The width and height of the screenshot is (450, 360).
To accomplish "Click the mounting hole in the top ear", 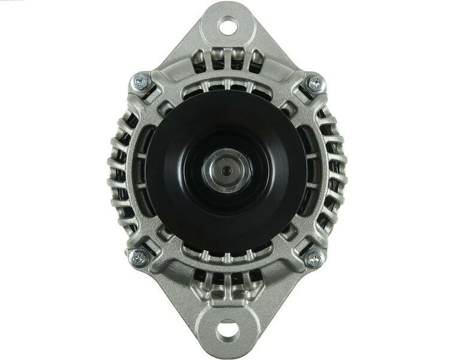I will point(226,26).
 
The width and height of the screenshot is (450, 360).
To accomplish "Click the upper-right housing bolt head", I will point(314,84).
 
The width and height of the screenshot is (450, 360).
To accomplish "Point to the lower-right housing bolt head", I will point(313,258).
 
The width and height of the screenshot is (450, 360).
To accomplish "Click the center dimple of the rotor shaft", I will point(226,171).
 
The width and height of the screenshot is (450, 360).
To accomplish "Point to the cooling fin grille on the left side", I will point(120,171).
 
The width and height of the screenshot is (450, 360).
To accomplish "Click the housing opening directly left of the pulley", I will point(140,171).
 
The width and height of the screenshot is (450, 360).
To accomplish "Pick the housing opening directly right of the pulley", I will point(312,171).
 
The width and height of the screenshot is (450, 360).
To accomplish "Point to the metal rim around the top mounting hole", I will point(226,14).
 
